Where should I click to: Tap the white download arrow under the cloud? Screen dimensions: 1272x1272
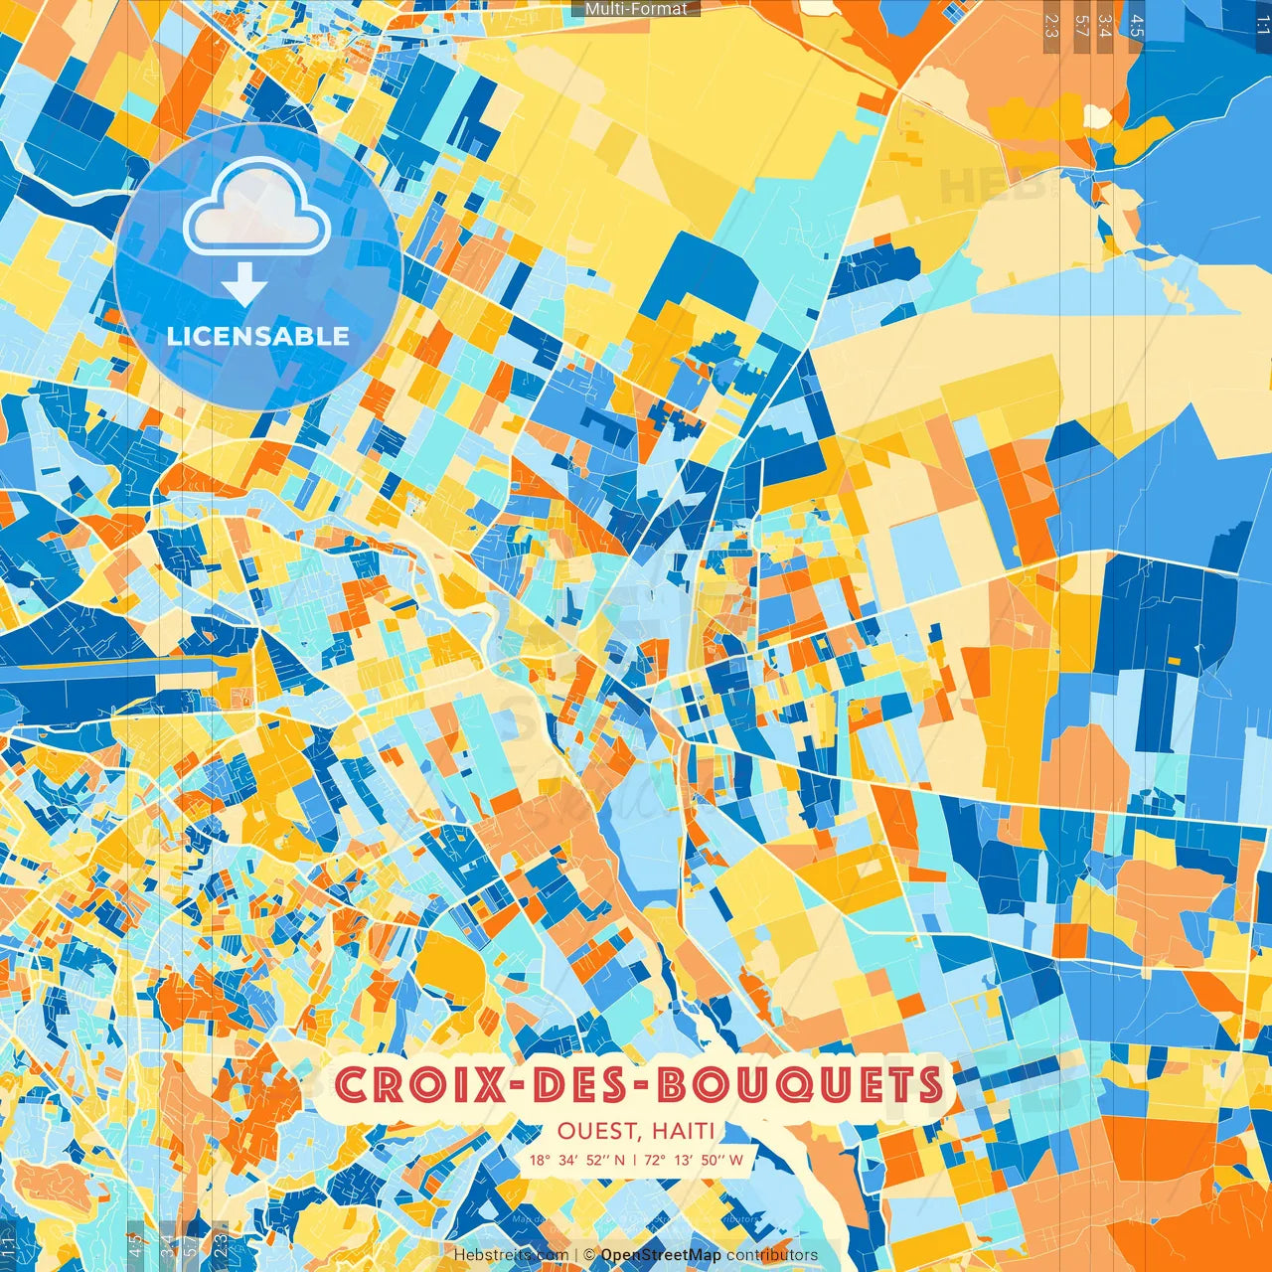point(244,286)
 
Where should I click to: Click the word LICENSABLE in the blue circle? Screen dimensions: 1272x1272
point(258,336)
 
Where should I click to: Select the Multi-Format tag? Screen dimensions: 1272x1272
point(636,9)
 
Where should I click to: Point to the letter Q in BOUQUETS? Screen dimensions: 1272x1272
point(786,1086)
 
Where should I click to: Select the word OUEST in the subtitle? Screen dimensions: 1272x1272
point(597,1131)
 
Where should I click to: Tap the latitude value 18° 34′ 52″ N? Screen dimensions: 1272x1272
point(577,1160)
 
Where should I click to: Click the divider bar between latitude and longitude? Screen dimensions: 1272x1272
point(635,1160)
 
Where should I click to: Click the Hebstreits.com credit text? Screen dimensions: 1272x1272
point(511,1255)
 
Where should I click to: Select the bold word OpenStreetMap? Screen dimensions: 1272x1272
point(661,1255)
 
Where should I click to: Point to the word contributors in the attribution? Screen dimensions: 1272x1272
point(772,1255)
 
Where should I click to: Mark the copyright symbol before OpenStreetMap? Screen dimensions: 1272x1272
point(589,1255)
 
